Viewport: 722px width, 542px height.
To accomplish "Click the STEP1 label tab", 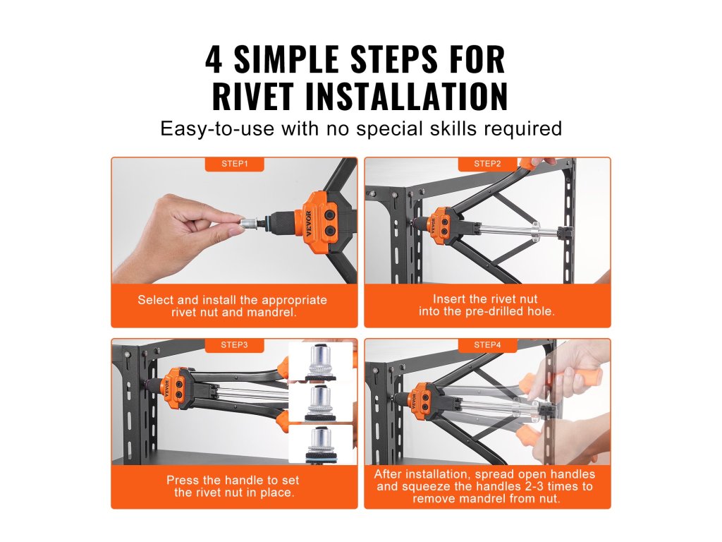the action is pos(234,164).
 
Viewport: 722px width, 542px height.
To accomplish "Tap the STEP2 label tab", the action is pos(487,164).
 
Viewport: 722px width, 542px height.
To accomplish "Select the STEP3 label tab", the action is pos(234,344).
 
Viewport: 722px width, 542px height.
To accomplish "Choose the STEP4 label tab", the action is pos(487,344).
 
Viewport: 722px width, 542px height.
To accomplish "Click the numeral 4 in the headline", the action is pos(214,59).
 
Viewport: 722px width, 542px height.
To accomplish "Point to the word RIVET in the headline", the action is pos(252,96).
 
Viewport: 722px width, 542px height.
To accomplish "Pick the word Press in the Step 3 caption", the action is pos(183,480).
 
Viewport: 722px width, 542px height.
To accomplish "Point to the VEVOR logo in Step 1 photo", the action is pos(308,224).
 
